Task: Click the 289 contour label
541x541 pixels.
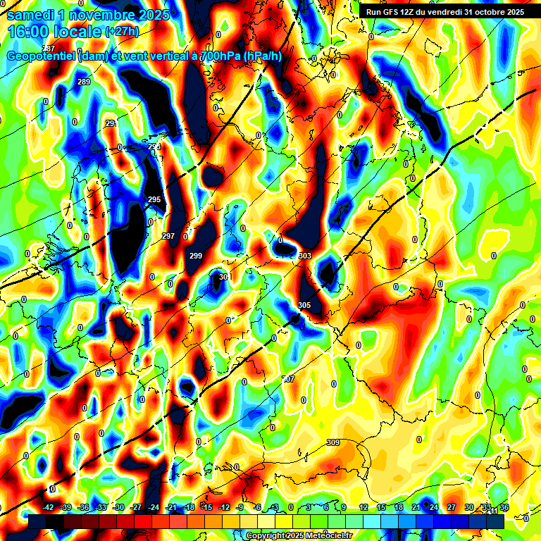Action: coord(84,82)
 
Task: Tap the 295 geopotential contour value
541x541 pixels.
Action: coord(154,200)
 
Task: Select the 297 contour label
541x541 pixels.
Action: coord(168,236)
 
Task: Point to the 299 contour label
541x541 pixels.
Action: coord(196,256)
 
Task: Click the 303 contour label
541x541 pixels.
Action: coord(305,256)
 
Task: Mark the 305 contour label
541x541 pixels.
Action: coord(304,305)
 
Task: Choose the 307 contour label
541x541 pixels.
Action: coord(288,379)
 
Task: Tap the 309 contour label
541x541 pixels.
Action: coord(333,442)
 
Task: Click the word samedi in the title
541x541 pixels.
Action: coord(30,14)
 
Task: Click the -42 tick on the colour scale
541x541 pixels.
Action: coord(48,507)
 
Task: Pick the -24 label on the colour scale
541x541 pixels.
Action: coord(154,507)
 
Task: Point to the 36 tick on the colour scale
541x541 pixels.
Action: coord(504,507)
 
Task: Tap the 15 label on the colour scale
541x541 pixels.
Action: coord(381,507)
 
